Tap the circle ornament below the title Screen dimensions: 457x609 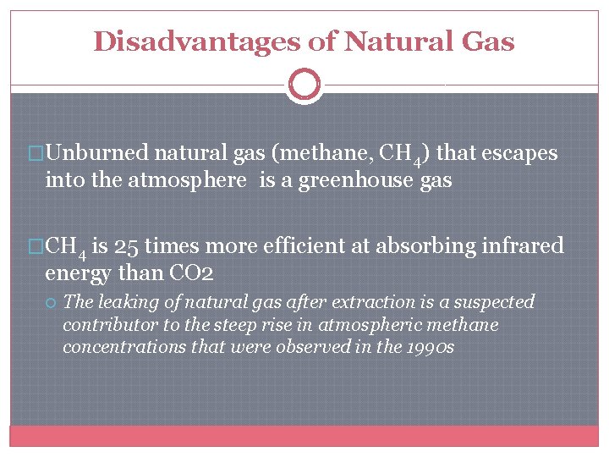tap(304, 85)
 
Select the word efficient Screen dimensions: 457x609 tap(299, 246)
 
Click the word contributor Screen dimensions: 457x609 tap(106, 325)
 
